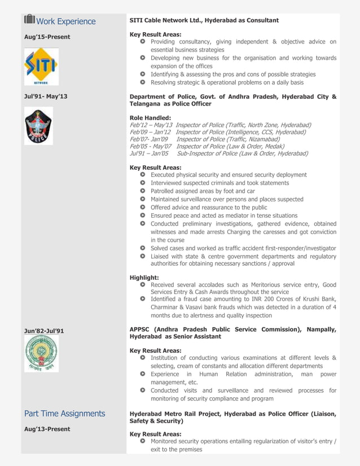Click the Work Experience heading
[65, 21]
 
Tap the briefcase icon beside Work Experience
[29, 20]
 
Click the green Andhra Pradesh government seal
[41, 354]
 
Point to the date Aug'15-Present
[47, 37]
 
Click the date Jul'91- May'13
[45, 96]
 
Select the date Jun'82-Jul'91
[44, 331]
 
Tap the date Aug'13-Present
[47, 429]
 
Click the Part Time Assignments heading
[64, 414]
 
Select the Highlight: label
[144, 278]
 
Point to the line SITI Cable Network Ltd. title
[204, 20]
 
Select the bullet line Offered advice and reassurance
[209, 208]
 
